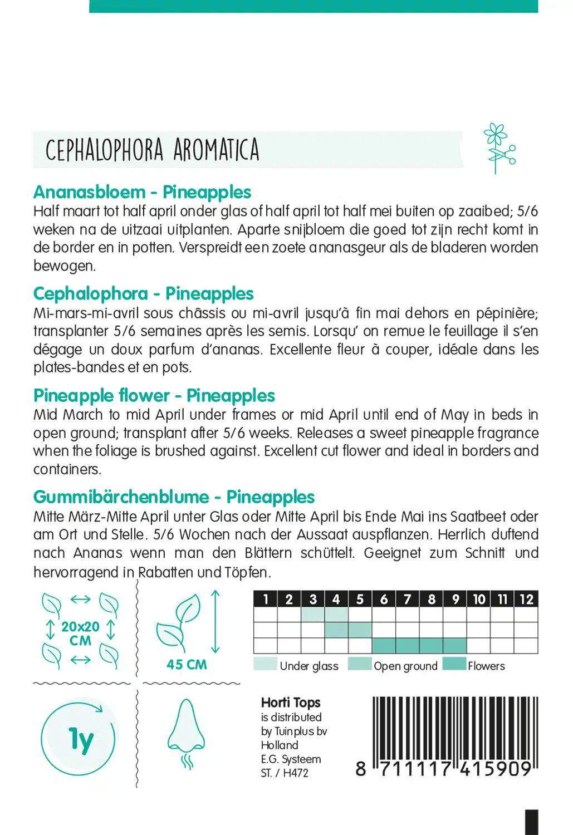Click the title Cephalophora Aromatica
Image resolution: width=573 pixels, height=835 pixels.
click(x=152, y=150)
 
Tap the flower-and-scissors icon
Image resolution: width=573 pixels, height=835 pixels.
click(x=499, y=148)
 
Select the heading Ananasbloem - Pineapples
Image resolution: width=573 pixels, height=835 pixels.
click(x=142, y=192)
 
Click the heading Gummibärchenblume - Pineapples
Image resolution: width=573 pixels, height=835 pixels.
click(x=174, y=497)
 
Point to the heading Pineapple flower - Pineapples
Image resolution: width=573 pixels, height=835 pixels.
click(x=154, y=395)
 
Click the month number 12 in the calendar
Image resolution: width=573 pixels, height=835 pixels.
click(x=526, y=599)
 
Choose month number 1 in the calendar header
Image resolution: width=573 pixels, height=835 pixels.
click(x=266, y=599)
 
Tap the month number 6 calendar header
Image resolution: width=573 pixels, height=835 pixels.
click(x=384, y=599)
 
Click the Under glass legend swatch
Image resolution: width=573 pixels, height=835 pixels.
click(x=265, y=664)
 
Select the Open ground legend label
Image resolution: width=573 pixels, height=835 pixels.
click(x=405, y=666)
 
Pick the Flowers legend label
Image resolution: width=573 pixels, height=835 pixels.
click(x=486, y=666)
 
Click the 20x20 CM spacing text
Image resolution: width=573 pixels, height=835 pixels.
click(x=80, y=633)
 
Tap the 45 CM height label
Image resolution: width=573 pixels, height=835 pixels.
click(x=187, y=664)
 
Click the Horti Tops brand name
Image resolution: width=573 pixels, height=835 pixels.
click(x=291, y=703)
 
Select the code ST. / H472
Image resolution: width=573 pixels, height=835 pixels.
click(x=285, y=773)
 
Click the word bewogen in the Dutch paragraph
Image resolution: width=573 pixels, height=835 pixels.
click(x=64, y=266)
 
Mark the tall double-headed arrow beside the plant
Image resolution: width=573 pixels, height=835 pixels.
click(x=216, y=622)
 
